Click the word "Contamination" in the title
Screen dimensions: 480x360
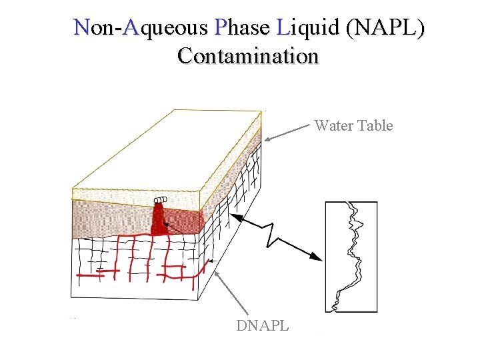pos(248,56)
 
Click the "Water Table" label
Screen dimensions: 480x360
pos(353,125)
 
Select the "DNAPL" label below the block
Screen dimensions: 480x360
pos(263,326)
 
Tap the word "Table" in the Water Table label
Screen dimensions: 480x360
pos(375,125)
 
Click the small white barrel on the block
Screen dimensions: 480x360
pos(160,200)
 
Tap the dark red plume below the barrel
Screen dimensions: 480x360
pos(159,220)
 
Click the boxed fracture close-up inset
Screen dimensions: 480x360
pos(351,257)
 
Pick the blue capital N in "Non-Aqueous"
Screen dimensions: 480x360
pos(82,28)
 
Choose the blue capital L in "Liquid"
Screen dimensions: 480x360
pos(282,28)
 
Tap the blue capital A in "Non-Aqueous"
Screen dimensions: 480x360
pos(131,28)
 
